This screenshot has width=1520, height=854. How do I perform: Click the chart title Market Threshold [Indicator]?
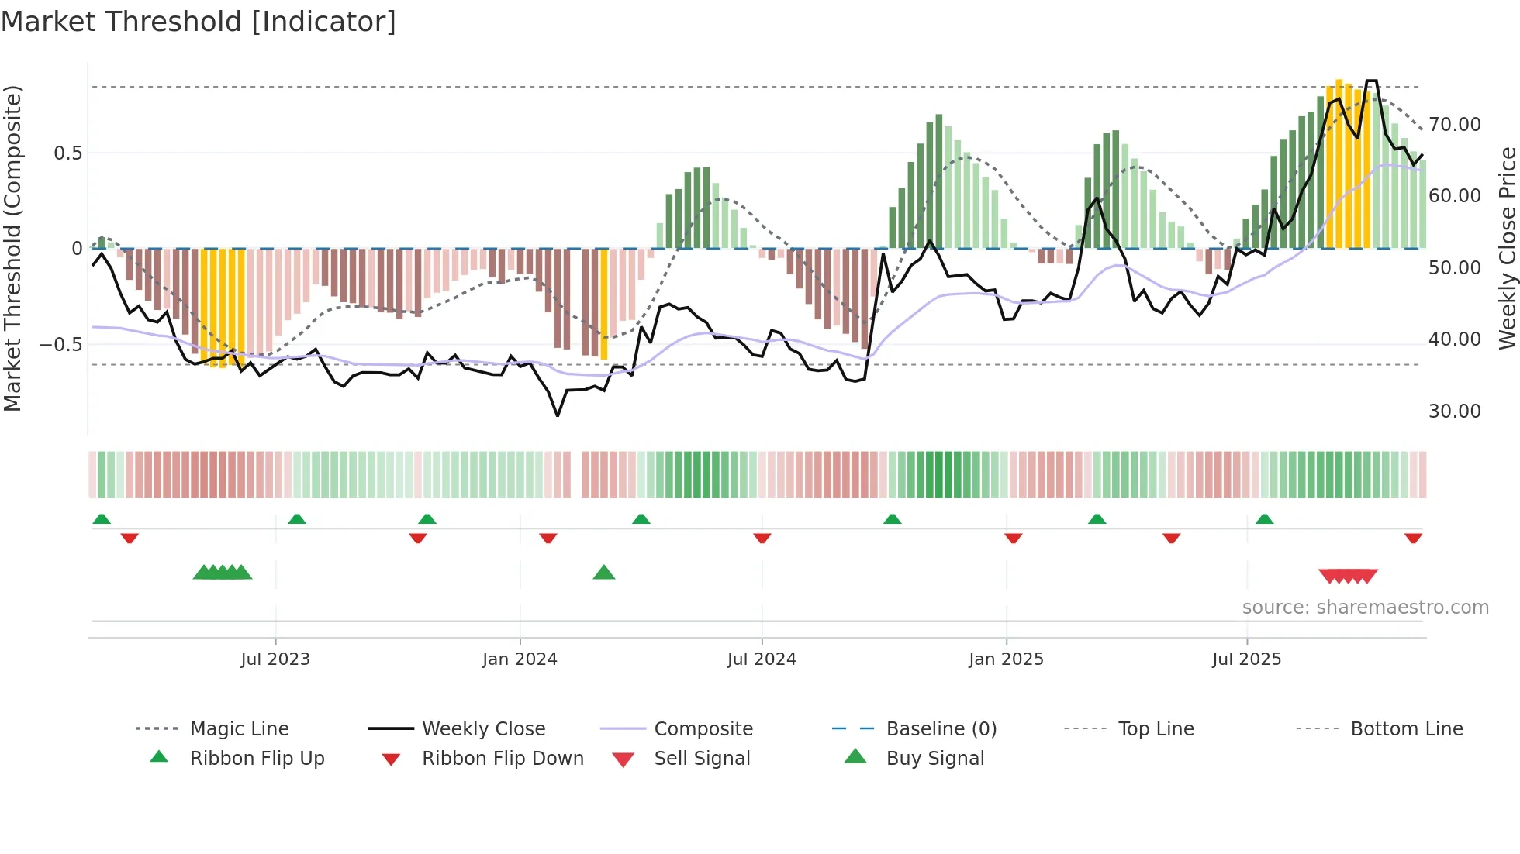click(199, 22)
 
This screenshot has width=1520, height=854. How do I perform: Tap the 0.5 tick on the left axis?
click(68, 153)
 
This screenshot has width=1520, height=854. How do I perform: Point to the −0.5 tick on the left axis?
click(61, 344)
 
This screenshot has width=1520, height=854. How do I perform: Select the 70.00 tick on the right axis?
click(1454, 125)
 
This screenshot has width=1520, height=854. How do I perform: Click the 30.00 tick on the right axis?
click(1454, 412)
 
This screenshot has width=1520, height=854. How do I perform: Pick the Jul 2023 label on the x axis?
click(275, 659)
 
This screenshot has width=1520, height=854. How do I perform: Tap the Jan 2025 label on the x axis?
click(1006, 659)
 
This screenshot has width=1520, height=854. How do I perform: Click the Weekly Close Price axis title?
click(1507, 248)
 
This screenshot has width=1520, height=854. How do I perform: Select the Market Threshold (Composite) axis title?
click(12, 248)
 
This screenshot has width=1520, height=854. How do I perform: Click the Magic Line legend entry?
click(239, 729)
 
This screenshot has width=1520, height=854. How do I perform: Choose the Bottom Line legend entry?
click(1406, 729)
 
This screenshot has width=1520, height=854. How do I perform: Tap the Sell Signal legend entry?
click(702, 759)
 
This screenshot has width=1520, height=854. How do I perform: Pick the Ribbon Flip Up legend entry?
click(257, 759)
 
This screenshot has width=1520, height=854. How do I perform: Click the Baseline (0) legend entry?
click(941, 729)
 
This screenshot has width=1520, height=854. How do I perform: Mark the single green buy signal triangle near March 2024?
click(603, 573)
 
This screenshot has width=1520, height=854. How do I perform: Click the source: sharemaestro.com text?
click(1365, 608)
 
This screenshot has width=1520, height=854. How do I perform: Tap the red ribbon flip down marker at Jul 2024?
click(762, 538)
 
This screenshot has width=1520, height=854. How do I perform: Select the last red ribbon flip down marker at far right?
click(1413, 538)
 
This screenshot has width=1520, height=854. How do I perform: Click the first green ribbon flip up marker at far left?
click(102, 519)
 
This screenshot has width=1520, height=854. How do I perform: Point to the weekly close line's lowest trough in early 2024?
click(558, 415)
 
